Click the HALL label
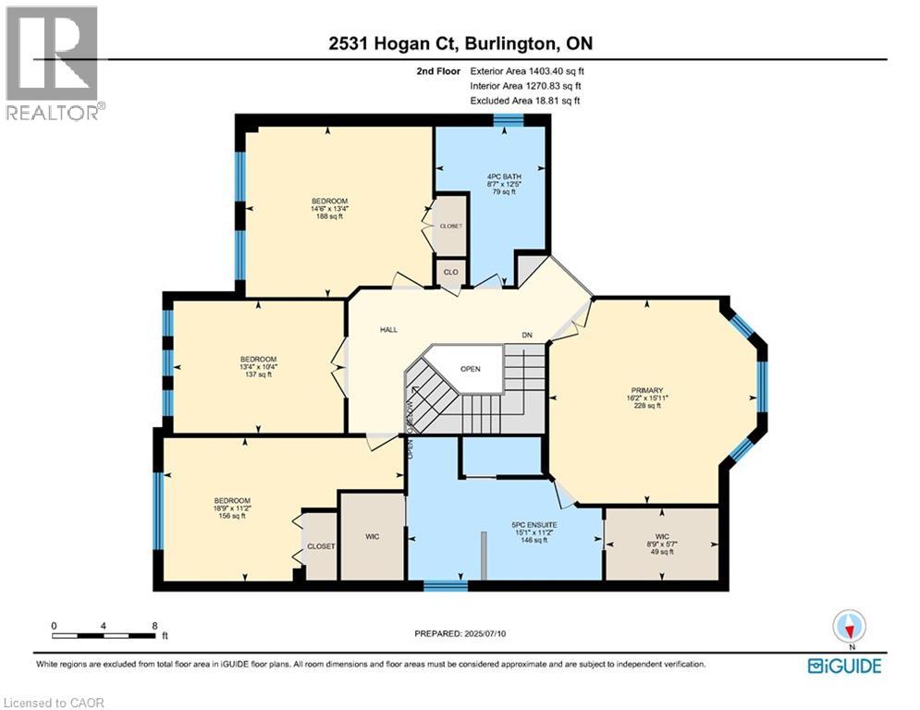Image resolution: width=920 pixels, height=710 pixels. click(388, 329)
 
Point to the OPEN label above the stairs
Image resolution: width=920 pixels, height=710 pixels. click(471, 368)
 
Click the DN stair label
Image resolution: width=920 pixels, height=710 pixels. click(527, 336)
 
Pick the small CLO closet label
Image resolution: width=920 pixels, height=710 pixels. click(451, 272)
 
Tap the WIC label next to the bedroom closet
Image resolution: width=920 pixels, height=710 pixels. click(373, 535)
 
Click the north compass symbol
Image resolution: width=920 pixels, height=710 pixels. click(848, 627)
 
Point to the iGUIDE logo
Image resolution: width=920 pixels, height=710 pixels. click(843, 666)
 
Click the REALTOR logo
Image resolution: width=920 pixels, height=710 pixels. click(53, 63)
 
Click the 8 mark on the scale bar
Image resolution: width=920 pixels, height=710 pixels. click(153, 626)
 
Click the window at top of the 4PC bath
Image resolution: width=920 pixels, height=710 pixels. click(508, 119)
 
